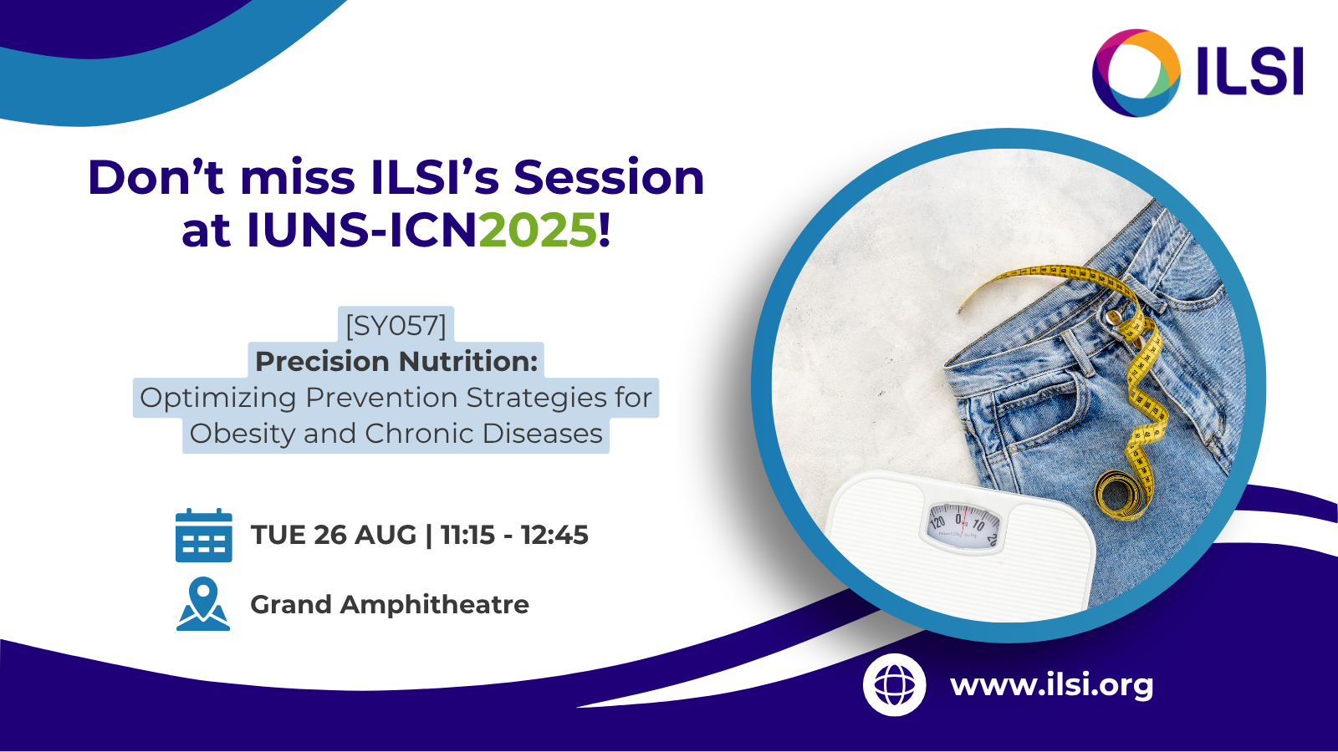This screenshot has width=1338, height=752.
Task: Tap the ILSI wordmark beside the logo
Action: pos(1250,73)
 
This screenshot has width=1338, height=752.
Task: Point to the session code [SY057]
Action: pos(396,326)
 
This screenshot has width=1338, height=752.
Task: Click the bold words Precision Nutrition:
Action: pos(396,361)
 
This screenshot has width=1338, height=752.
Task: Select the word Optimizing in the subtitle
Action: pos(218,398)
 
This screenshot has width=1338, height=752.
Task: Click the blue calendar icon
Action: pos(204,535)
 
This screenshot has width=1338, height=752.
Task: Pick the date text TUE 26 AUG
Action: pos(334,535)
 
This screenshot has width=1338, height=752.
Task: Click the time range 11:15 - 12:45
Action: pos(514,535)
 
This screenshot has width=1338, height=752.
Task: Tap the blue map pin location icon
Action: pos(203,604)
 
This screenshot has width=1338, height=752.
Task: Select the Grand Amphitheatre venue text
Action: pos(390,605)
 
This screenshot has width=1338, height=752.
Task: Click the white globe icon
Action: pos(894,684)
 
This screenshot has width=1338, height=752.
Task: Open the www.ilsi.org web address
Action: pos(1051,685)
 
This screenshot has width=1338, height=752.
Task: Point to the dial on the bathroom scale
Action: pos(963,525)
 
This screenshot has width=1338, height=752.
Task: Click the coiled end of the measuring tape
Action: pos(1119,494)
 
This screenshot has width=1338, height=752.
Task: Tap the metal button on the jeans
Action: pos(1113,317)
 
